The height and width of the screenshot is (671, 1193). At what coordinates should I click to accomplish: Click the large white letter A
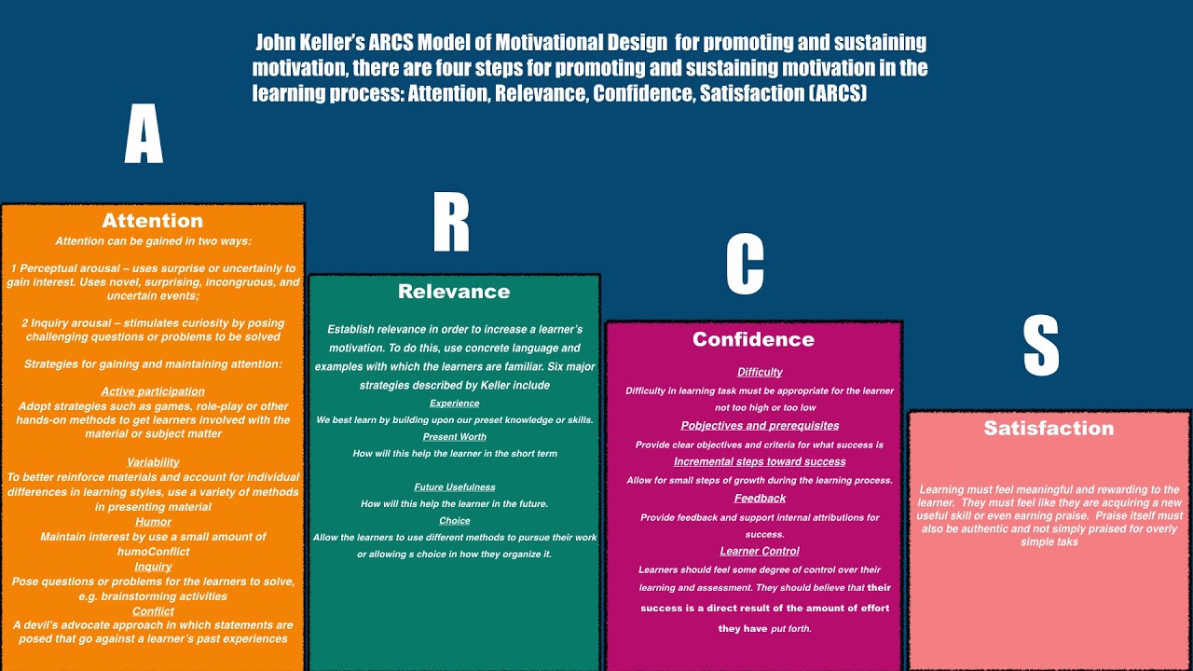[144, 134]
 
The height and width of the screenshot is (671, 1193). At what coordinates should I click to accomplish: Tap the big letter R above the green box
[451, 223]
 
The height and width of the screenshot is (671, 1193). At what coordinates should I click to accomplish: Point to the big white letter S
[1041, 345]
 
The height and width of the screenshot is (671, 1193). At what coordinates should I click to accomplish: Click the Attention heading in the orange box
[153, 221]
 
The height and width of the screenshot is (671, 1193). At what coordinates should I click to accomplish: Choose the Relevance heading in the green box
[454, 292]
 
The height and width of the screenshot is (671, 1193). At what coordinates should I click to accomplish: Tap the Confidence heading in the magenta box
[753, 339]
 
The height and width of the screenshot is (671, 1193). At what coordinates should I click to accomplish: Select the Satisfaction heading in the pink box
[1049, 428]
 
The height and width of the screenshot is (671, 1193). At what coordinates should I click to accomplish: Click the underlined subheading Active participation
[153, 391]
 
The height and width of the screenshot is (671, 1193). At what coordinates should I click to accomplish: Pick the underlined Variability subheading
[153, 462]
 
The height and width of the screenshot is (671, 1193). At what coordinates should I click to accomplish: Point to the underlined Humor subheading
[153, 522]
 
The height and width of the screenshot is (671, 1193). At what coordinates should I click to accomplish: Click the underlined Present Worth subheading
[454, 436]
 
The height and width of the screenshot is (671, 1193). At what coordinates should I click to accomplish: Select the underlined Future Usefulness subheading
[454, 486]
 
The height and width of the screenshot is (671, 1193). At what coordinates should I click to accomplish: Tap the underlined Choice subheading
[454, 520]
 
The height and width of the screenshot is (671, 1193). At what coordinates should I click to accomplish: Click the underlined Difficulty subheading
[760, 372]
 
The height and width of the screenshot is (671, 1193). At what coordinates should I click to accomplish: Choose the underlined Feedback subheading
[760, 499]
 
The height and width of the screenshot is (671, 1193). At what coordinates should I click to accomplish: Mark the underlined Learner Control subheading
[760, 551]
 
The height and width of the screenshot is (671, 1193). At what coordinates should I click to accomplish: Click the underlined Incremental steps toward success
[760, 461]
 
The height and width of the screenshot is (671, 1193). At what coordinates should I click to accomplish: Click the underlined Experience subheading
[454, 403]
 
